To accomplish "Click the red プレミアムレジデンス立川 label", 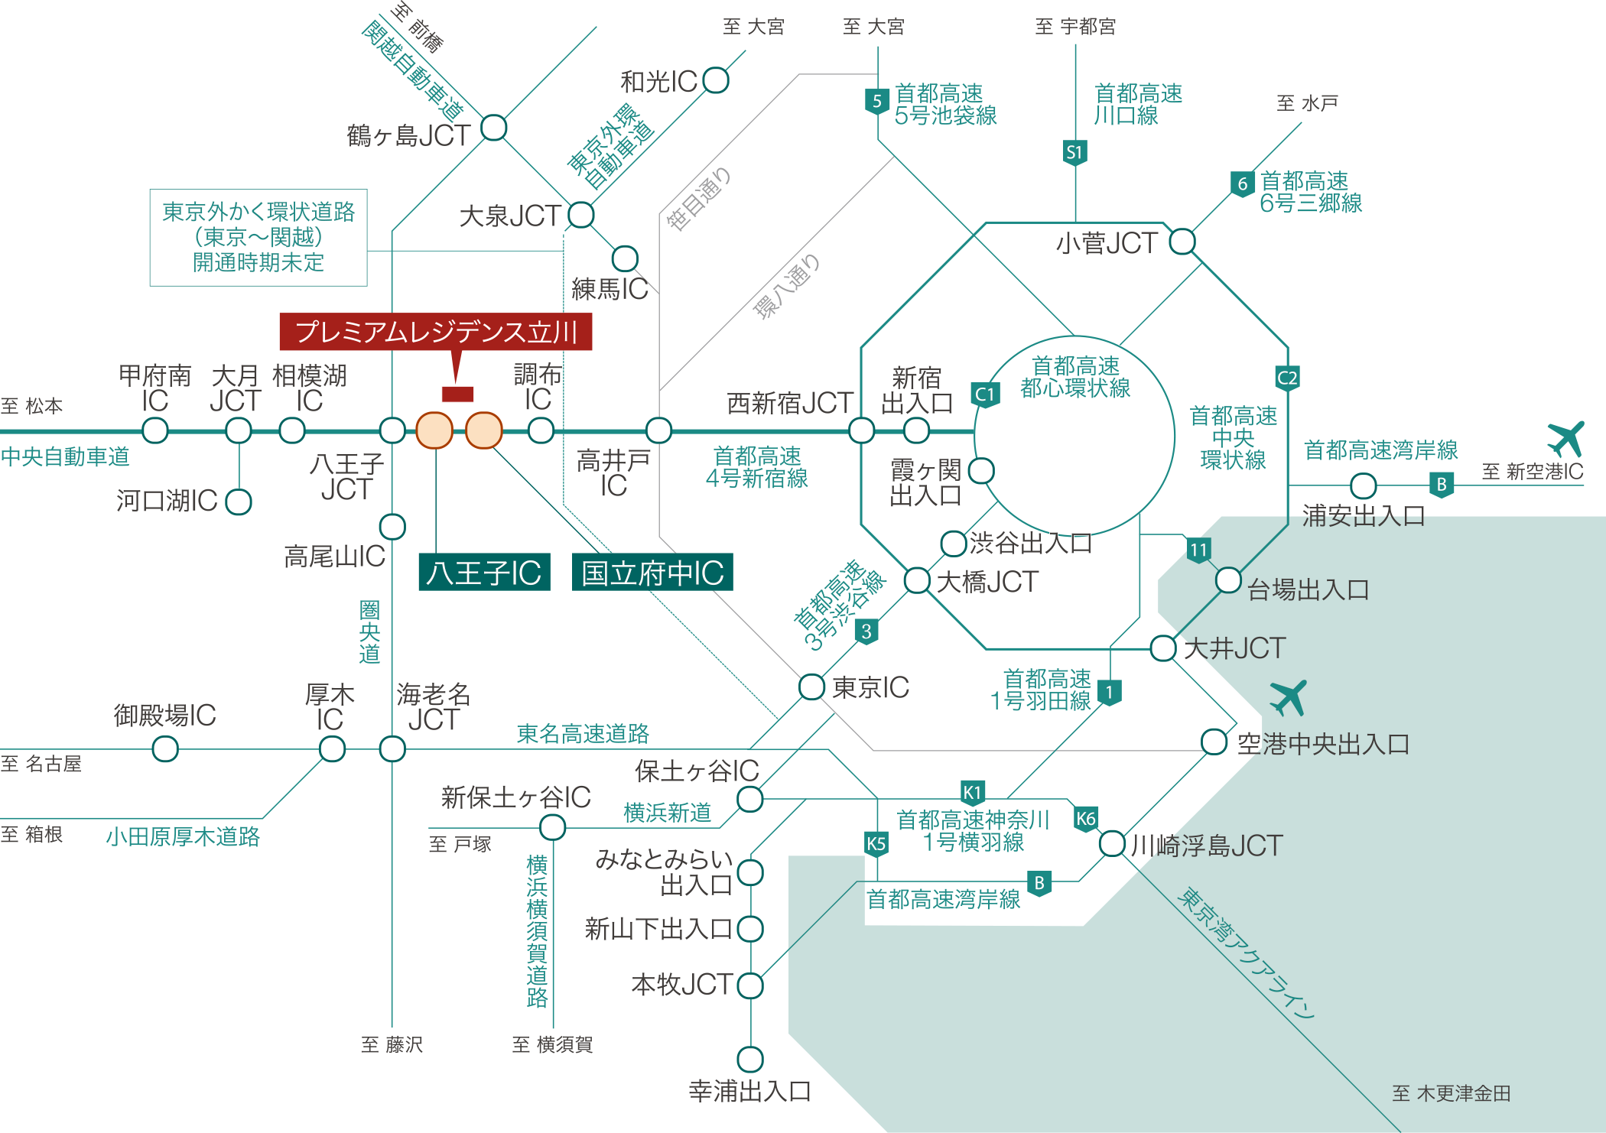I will point(435,332).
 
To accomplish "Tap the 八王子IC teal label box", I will point(484,573).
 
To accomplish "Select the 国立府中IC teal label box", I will point(652,573).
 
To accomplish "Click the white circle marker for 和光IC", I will point(716,80).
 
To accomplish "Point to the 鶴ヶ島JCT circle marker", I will point(493,128).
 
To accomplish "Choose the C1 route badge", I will point(985,394).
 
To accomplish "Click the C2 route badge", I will point(1287,378).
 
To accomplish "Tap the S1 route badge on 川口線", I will point(1074,152).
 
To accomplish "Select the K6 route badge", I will point(1086,819).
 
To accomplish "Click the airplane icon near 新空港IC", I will point(1565,439).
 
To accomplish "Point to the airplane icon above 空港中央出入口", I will point(1289,698).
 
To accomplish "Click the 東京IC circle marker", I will point(811,687).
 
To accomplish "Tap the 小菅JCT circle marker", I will point(1182,242).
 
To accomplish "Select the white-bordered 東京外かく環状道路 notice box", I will point(258,238).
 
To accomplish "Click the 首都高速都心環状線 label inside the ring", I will point(1075,377).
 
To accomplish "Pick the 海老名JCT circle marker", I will point(392,749).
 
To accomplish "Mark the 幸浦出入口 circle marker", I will point(750,1059).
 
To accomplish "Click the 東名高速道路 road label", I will point(583,734).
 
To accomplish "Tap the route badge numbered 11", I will point(1198,550).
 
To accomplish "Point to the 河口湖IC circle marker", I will point(239,502).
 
